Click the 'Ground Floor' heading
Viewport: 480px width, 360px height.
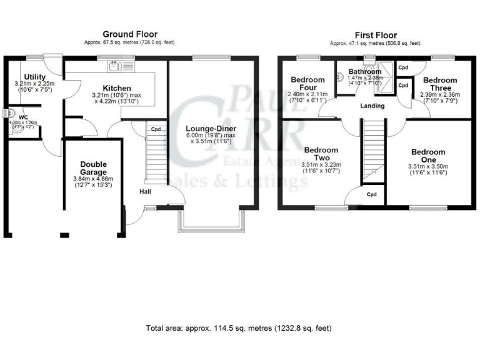(130, 34)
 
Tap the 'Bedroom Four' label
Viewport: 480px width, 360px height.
(307, 84)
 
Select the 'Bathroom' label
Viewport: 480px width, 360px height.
(365, 72)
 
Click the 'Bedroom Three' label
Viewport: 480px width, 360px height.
(439, 84)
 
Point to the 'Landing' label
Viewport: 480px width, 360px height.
(371, 106)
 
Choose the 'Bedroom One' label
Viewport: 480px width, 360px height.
(428, 156)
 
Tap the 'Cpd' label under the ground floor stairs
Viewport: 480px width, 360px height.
(156, 130)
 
